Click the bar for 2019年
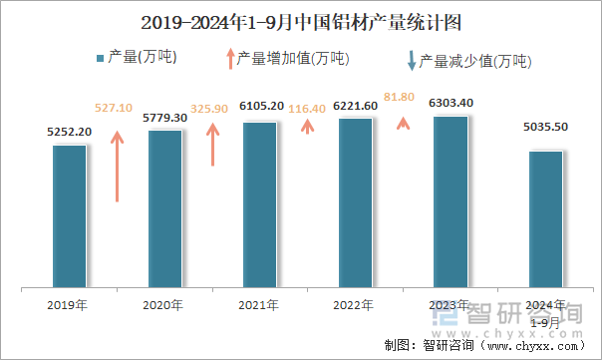pyautogui.click(x=70, y=216)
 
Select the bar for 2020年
pyautogui.click(x=165, y=209)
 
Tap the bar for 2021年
pyautogui.click(x=260, y=204)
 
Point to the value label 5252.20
pyautogui.click(x=70, y=132)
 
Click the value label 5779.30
pyautogui.click(x=165, y=118)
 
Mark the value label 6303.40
pyautogui.click(x=451, y=103)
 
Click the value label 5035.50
pyautogui.click(x=545, y=127)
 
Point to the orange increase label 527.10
pyautogui.click(x=114, y=108)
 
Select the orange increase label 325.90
pyautogui.click(x=209, y=108)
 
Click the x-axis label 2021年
pyautogui.click(x=260, y=305)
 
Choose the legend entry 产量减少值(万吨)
pyautogui.click(x=468, y=61)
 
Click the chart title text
pyautogui.click(x=301, y=21)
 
